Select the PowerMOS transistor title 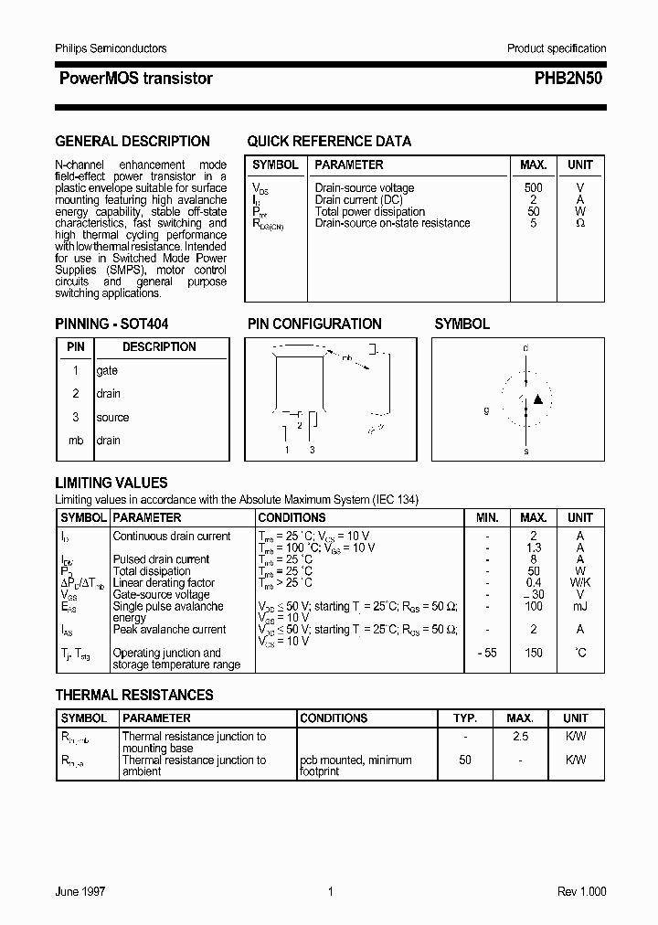point(135,79)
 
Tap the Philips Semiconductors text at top point(111,48)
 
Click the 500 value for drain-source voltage point(533,187)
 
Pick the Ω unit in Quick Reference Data point(580,223)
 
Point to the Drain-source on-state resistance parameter point(392,223)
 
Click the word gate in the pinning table point(107,370)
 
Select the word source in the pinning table point(112,417)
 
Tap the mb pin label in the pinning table point(76,441)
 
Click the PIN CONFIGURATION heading point(314,324)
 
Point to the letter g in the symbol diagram point(487,410)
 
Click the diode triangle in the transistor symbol point(538,399)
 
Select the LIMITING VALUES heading point(111,483)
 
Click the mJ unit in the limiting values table point(580,606)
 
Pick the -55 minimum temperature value point(487,653)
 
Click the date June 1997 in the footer point(80,891)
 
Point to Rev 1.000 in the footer point(581,891)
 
